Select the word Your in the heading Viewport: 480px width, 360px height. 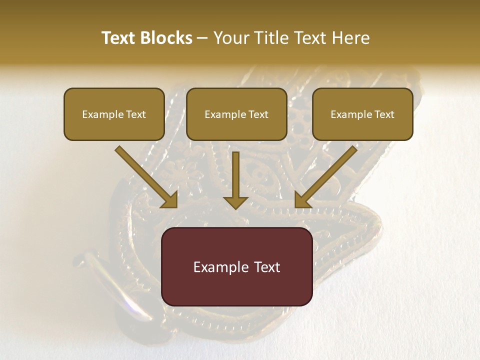(230, 38)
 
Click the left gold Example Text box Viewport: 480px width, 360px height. (114, 114)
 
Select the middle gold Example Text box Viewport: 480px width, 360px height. (236, 114)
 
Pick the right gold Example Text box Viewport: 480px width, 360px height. (362, 114)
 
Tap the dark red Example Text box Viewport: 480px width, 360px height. (236, 266)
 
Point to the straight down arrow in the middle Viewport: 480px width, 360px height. (235, 180)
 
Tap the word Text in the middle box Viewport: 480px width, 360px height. (258, 114)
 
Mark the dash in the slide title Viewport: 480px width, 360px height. (203, 38)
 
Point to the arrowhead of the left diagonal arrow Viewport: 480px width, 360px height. (170, 200)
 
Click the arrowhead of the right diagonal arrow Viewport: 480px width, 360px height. (302, 200)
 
